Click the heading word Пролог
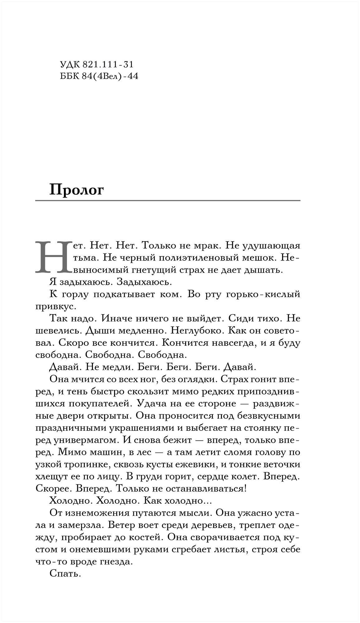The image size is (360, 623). [x=76, y=190]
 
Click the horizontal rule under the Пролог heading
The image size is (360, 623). [x=168, y=201]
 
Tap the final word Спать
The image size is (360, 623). [x=65, y=574]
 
